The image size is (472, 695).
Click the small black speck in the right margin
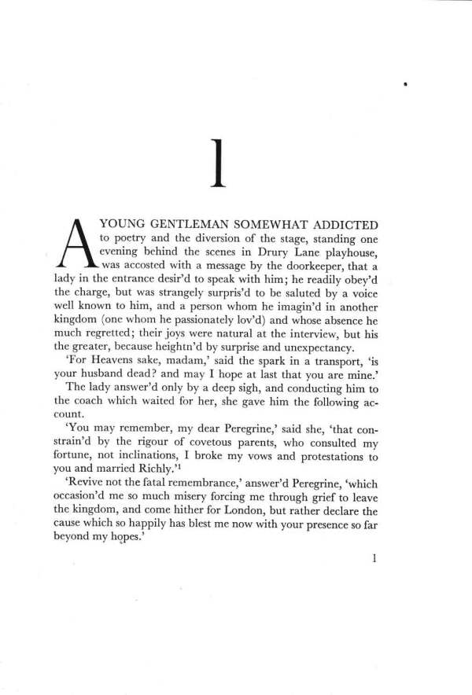403,82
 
